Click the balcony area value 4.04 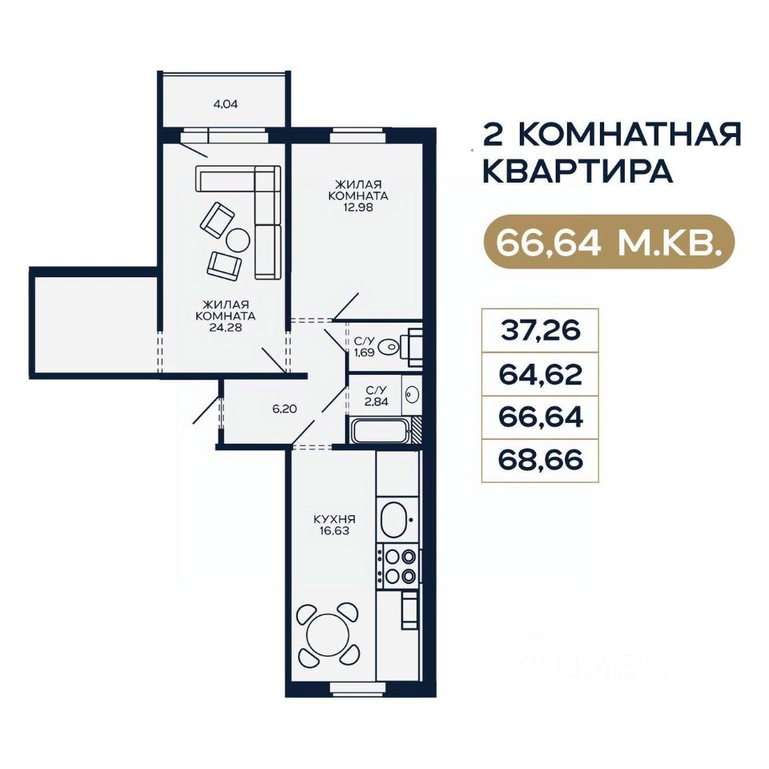pyautogui.click(x=226, y=104)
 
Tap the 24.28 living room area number pyautogui.click(x=226, y=328)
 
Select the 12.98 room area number pyautogui.click(x=358, y=207)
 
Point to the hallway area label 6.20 pyautogui.click(x=285, y=408)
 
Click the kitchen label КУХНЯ pyautogui.click(x=335, y=520)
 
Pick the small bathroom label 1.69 pyautogui.click(x=365, y=352)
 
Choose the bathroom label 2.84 pyautogui.click(x=377, y=401)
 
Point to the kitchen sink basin pyautogui.click(x=393, y=519)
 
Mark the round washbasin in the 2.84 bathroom pyautogui.click(x=411, y=394)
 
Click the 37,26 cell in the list pyautogui.click(x=540, y=330)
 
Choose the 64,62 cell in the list pyautogui.click(x=540, y=374)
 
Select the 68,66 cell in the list pyautogui.click(x=540, y=460)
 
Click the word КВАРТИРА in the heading pyautogui.click(x=578, y=171)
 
